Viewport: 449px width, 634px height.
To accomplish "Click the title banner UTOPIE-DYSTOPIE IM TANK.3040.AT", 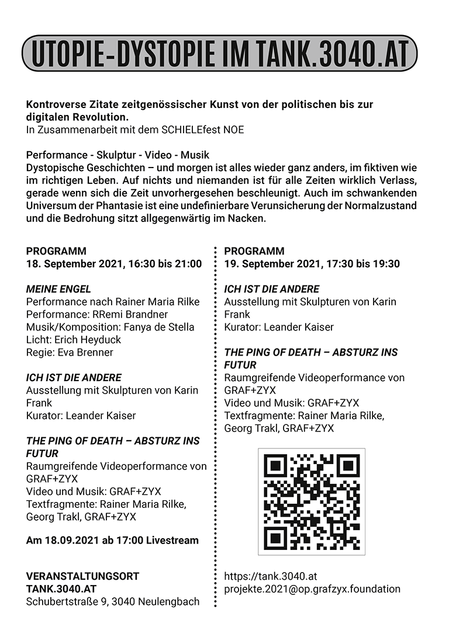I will click(x=219, y=53).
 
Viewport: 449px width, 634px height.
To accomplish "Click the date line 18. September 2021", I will click(x=113, y=264).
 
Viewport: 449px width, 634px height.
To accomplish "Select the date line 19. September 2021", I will click(x=312, y=264).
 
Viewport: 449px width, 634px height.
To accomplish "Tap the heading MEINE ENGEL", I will click(x=58, y=289).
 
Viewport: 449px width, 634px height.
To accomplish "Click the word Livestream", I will click(x=172, y=541).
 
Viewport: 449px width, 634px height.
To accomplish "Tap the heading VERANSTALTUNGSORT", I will click(x=82, y=576).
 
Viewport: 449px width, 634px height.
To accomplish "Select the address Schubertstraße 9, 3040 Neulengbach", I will click(x=112, y=601).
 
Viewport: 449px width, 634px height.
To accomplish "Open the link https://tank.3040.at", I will click(x=271, y=576).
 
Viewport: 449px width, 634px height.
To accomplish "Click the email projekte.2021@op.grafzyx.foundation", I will click(x=312, y=589).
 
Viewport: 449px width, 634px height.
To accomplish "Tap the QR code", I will click(x=311, y=501).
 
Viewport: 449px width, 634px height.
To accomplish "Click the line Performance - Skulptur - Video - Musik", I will click(x=118, y=155).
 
